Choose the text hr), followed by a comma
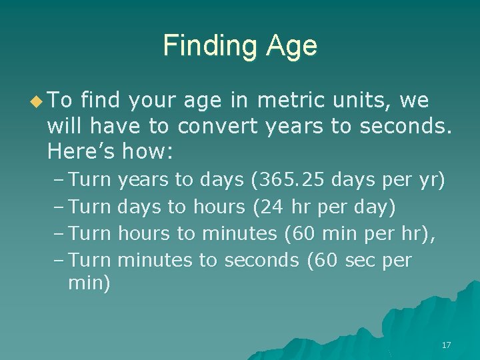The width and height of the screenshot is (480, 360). pyautogui.click(x=420, y=233)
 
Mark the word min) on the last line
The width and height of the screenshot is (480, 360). pyautogui.click(x=89, y=285)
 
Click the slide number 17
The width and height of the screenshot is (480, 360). pyautogui.click(x=446, y=345)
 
